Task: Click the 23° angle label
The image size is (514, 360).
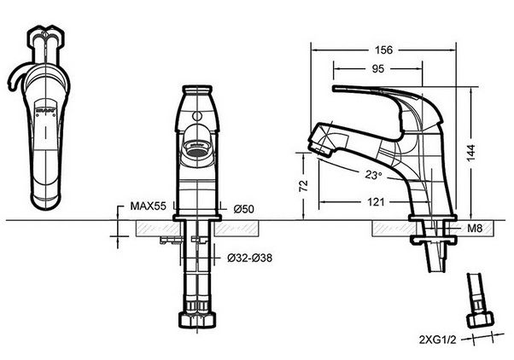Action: [x=372, y=176]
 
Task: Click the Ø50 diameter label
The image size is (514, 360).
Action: [x=242, y=208]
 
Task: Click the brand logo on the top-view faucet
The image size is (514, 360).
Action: [x=48, y=111]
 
